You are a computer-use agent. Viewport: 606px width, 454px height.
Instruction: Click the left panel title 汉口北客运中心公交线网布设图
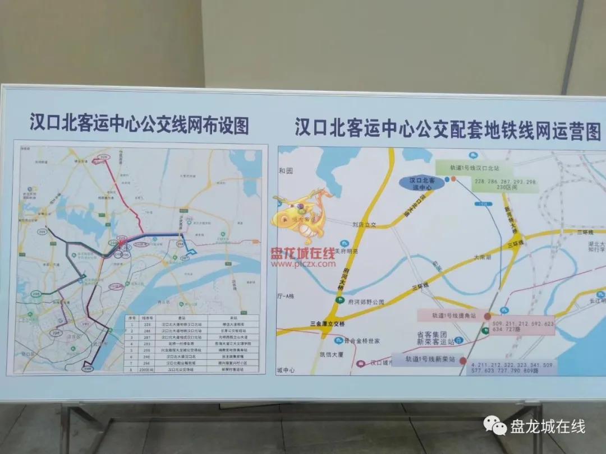point(139,124)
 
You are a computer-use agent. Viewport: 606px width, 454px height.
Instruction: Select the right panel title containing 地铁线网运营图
point(448,130)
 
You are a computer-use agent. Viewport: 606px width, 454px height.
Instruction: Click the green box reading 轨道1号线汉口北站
point(474,167)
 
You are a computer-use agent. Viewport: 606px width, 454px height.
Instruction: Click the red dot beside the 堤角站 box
point(487,316)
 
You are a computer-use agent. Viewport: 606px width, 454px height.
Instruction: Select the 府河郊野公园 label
point(366,302)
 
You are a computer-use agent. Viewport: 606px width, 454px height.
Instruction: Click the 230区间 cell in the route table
point(146,370)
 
